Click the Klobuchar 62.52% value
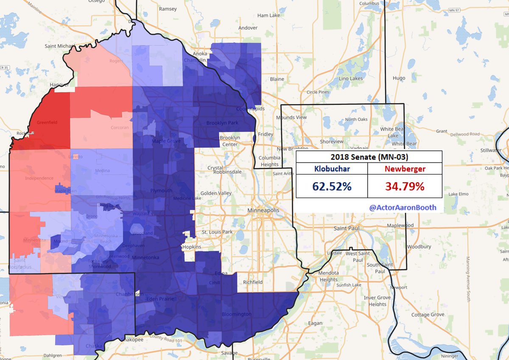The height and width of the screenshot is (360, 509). click(x=332, y=186)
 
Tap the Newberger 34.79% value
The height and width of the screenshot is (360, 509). click(x=405, y=186)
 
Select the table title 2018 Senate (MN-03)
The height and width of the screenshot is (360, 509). click(x=368, y=157)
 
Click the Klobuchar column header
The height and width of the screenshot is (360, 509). click(x=332, y=169)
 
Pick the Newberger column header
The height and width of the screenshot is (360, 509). click(x=405, y=169)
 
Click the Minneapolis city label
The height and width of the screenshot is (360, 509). click(x=263, y=210)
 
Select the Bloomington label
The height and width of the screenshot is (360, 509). click(x=237, y=315)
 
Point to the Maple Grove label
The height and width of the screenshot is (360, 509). click(x=166, y=141)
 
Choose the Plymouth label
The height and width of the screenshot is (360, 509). click(x=161, y=191)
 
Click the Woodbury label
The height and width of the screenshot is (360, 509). click(x=419, y=247)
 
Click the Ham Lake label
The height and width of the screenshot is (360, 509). click(x=268, y=15)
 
